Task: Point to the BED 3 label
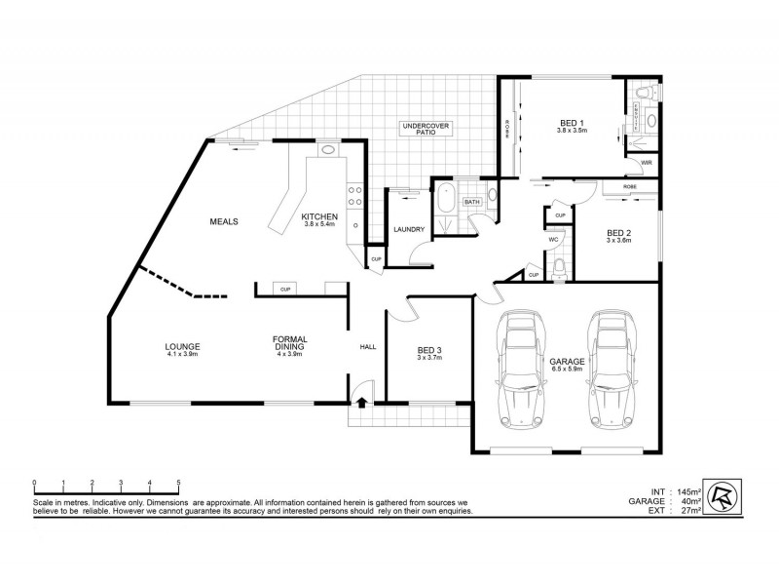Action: point(429,351)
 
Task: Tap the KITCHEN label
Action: point(318,217)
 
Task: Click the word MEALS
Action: point(224,221)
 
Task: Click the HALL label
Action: point(368,346)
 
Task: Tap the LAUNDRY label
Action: point(406,230)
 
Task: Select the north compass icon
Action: point(722,493)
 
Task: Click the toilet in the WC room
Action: point(558,269)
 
